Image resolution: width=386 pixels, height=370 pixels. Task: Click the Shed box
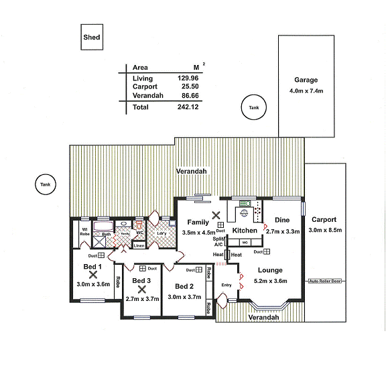coord(92,38)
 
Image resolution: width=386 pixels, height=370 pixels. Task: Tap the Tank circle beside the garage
coord(253,107)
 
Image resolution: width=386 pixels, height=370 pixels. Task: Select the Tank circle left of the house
coord(45,184)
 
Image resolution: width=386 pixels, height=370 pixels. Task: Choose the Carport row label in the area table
coord(145,87)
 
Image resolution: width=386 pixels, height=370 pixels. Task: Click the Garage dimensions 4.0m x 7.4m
coord(306,90)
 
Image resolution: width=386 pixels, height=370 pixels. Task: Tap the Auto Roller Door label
coord(324,281)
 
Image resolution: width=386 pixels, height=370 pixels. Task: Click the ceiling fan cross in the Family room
coord(215,216)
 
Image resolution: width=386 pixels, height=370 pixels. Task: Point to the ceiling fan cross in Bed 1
coord(92,275)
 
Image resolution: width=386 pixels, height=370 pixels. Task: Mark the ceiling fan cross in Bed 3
coord(141,290)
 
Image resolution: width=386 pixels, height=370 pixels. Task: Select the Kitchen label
coord(244,231)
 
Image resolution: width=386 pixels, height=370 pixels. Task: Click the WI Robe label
coord(85,233)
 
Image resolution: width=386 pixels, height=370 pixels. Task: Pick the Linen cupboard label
coord(139,246)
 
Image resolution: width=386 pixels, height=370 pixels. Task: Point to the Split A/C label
coord(218,241)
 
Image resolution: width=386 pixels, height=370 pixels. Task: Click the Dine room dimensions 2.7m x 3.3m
coord(282,231)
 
